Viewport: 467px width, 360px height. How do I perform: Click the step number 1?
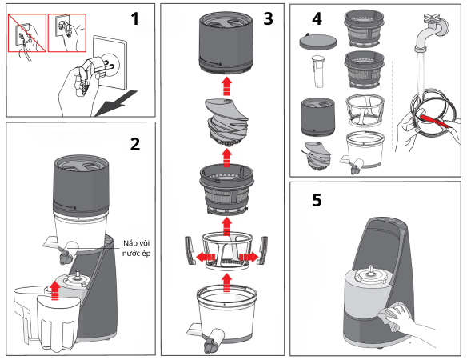click(136, 17)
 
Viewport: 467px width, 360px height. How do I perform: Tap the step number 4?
click(317, 19)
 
